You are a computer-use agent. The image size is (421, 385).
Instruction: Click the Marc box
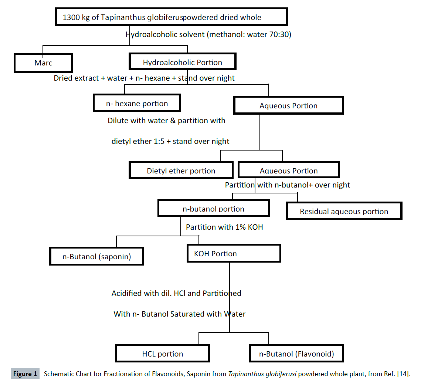[43, 63]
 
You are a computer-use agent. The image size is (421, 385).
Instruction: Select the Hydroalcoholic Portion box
[182, 63]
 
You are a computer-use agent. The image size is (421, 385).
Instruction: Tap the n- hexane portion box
[137, 104]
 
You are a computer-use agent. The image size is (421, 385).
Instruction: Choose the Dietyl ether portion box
[181, 171]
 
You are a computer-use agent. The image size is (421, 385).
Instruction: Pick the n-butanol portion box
[213, 209]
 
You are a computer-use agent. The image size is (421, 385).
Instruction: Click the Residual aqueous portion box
[344, 212]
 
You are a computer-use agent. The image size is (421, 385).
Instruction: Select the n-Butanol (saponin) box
[96, 256]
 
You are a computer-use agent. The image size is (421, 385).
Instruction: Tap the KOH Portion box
[234, 254]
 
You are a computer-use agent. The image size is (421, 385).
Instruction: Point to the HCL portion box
[163, 354]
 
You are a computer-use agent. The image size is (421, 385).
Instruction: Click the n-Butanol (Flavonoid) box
[296, 354]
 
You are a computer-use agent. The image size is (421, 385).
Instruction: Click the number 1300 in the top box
[71, 17]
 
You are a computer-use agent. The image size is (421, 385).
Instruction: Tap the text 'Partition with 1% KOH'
[224, 227]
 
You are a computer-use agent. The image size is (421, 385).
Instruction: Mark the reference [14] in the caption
[403, 374]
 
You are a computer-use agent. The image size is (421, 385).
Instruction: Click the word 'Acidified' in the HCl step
[128, 293]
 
